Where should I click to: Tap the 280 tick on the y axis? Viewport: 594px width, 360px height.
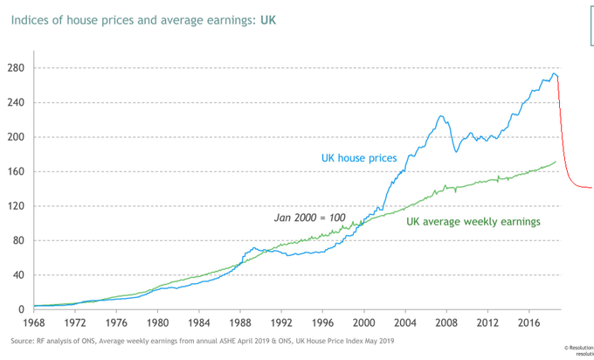[17, 68]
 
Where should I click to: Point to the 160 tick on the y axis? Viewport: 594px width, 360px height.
[17, 171]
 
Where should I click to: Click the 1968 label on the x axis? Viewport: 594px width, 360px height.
[32, 322]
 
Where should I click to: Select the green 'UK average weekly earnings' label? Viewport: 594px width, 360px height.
[473, 221]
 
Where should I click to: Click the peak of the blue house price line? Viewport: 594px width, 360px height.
[554, 73]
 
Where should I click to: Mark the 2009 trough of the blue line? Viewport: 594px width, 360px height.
[456, 152]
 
